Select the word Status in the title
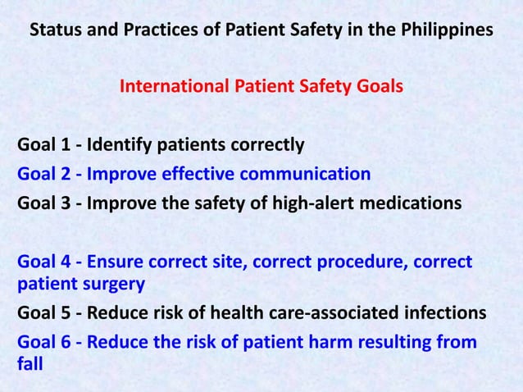55,31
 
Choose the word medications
410,202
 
